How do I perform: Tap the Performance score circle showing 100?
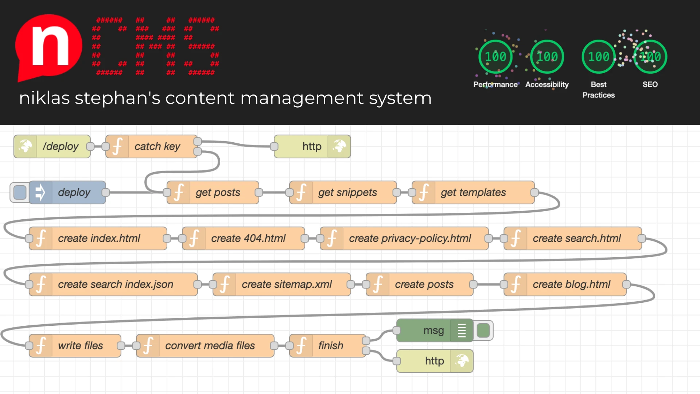(495, 57)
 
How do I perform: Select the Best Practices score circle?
(598, 57)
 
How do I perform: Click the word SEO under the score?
(650, 85)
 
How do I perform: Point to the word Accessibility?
(547, 85)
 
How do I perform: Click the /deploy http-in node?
(52, 146)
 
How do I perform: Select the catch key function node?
(152, 146)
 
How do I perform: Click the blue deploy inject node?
(68, 192)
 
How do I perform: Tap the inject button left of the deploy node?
(20, 192)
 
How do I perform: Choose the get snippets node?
(343, 192)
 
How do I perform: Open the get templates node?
(473, 192)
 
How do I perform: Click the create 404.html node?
(244, 238)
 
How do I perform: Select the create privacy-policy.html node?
(404, 238)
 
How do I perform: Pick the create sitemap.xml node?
(282, 284)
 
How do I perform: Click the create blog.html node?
(565, 284)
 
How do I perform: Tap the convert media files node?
(205, 345)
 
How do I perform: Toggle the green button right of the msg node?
(483, 331)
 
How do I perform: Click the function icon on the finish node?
(301, 345)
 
